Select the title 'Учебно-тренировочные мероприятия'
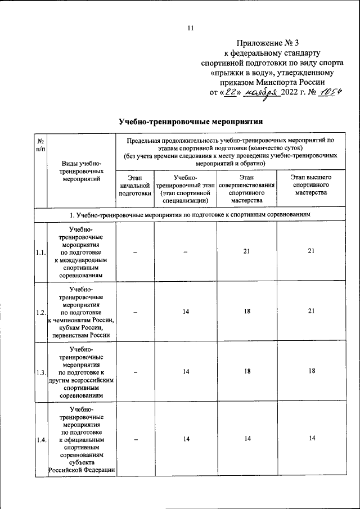191,121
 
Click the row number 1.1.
40,253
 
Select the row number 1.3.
40,372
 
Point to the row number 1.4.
40,440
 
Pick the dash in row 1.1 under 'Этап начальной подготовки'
135,253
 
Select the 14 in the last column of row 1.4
310,439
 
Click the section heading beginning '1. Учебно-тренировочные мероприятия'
191,215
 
